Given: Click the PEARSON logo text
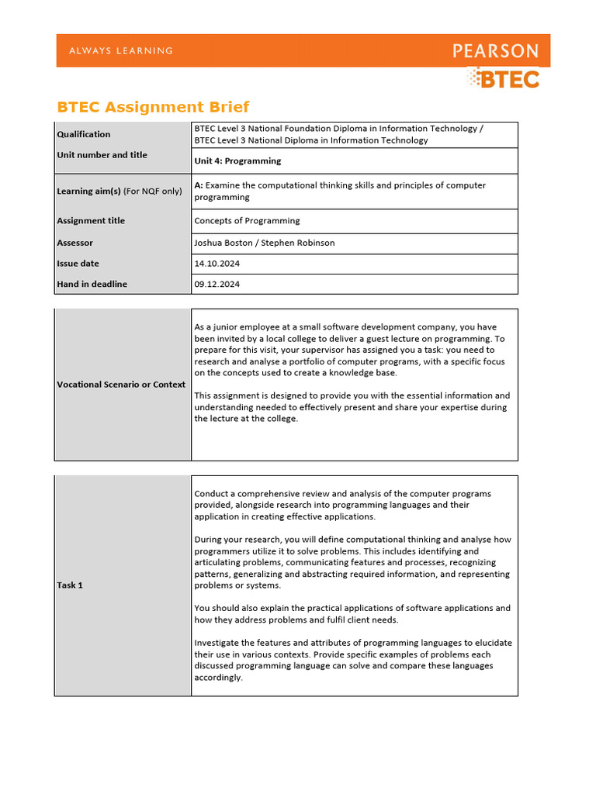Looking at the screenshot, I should [x=495, y=52].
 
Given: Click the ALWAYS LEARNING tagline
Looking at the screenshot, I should [x=121, y=51].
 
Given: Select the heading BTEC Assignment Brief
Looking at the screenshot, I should [x=154, y=107].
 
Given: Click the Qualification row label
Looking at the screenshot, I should [x=84, y=134].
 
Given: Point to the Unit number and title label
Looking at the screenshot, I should [x=102, y=155].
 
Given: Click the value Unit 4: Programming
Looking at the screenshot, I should [x=237, y=161].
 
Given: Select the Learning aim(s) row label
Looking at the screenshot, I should [x=120, y=192].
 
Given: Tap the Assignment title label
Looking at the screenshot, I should [x=91, y=221].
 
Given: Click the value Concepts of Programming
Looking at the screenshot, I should [x=247, y=221].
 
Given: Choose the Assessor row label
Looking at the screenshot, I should [x=74, y=243].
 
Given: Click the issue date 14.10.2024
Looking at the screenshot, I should [x=217, y=264].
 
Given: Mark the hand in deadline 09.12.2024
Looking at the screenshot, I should [x=217, y=285].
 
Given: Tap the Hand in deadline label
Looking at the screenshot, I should [x=92, y=285].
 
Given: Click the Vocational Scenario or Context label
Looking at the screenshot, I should [x=121, y=385].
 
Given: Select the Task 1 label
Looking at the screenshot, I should [x=70, y=585].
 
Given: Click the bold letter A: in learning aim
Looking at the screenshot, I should [x=199, y=186].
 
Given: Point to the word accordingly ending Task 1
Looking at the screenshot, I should [x=218, y=678].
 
